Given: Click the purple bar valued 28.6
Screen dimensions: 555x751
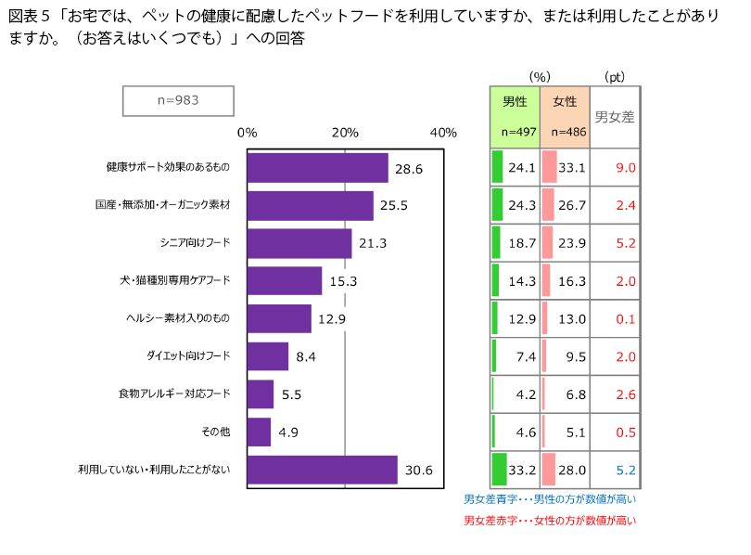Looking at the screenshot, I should [318, 168].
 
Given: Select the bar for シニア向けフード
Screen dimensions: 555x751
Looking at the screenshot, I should [299, 243].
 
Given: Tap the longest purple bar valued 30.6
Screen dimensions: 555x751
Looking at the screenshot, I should [323, 470].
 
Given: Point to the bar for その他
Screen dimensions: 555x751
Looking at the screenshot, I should [260, 432].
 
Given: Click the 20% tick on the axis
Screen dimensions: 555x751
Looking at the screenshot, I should [345, 133].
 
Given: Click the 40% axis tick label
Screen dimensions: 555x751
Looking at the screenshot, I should [443, 133].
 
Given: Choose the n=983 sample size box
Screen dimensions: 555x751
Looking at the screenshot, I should [178, 100].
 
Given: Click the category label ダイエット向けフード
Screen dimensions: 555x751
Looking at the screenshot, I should [187, 355].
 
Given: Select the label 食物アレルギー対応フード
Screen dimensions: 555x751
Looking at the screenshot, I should [174, 394].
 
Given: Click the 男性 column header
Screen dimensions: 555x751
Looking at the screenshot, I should [515, 101].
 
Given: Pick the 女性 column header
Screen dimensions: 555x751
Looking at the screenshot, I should [564, 101].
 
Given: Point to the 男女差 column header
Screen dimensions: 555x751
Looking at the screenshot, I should [615, 117].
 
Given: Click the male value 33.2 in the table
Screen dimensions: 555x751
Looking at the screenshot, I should [523, 470].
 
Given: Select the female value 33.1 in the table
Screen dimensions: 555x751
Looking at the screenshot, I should [572, 168].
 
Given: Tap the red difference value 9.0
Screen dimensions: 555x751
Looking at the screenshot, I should [625, 168].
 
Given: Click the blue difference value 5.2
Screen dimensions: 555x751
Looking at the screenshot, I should [625, 470].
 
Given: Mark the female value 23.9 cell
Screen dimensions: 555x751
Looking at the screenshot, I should [572, 243].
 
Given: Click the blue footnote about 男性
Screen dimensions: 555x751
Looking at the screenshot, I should [549, 499].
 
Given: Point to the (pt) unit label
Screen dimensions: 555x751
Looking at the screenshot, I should [615, 76].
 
